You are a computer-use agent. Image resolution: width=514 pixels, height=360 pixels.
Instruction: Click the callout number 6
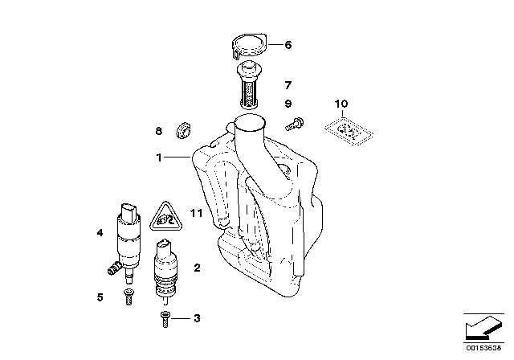coord(289,46)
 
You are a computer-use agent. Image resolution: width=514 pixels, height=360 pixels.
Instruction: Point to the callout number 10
coord(342,104)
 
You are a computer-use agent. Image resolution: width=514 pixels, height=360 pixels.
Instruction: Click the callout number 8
coord(159,130)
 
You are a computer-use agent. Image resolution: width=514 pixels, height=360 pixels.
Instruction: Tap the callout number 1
coord(160,157)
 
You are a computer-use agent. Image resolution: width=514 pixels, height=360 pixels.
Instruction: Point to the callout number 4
coord(100,234)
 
